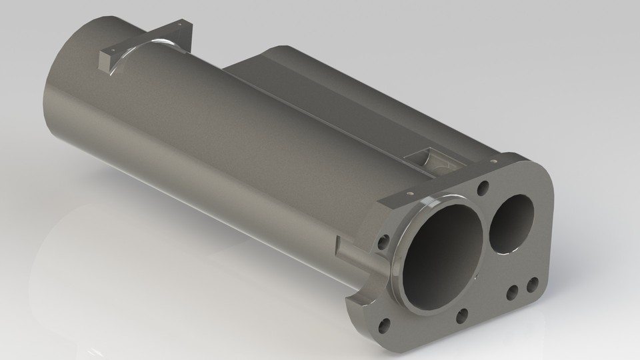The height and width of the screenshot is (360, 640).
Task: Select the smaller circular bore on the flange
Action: coord(511,222)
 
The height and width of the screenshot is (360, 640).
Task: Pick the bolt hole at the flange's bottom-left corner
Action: coord(384,326)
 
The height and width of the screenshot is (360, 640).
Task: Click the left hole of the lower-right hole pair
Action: coord(513,293)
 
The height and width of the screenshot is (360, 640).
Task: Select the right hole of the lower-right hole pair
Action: coord(532,286)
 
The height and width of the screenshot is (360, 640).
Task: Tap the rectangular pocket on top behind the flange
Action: coord(427,159)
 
